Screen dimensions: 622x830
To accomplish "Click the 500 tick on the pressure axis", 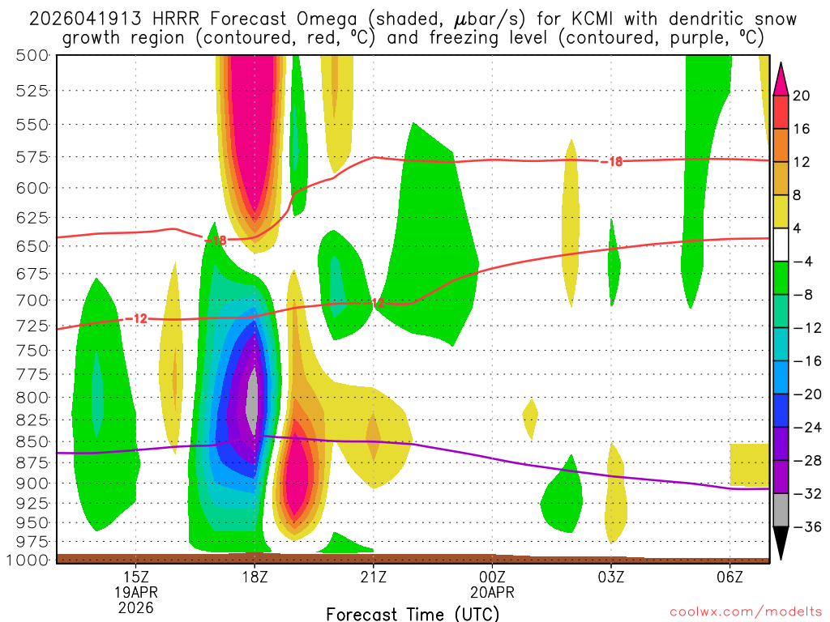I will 32,55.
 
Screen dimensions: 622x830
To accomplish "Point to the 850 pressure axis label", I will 32,442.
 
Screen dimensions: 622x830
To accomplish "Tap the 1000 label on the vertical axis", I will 28,560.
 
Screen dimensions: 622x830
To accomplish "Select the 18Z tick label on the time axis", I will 255,577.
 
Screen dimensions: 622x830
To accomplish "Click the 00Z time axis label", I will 492,577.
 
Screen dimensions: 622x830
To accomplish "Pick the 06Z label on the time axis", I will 729,577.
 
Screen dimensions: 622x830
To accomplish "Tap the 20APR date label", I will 492,592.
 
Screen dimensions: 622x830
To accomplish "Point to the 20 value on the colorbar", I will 802,96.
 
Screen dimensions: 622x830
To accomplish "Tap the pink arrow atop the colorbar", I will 781,78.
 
